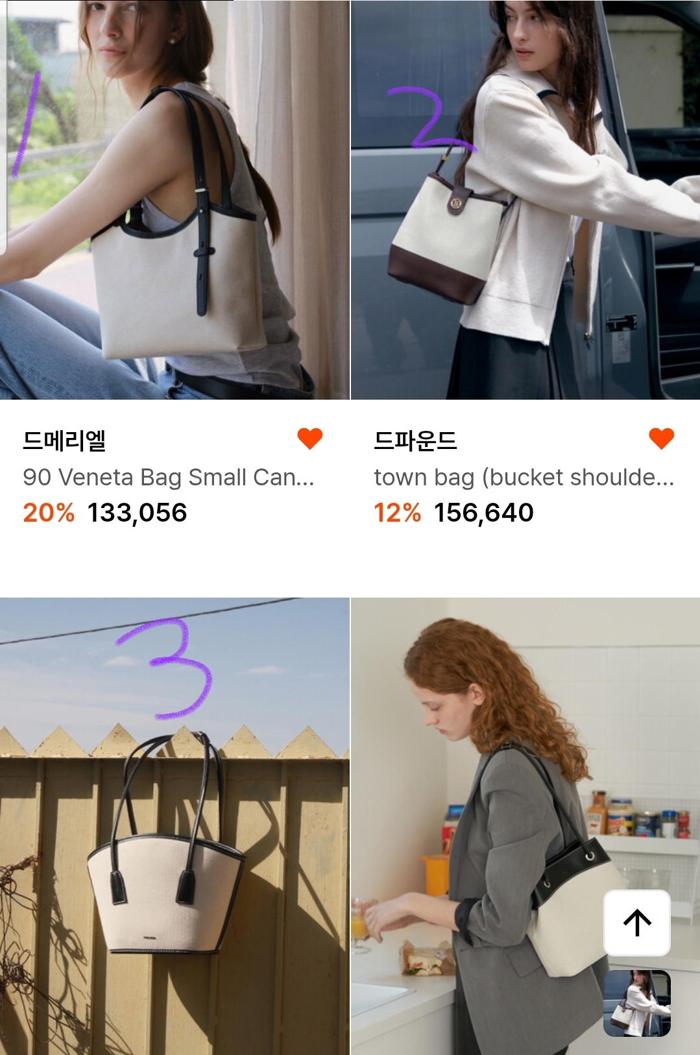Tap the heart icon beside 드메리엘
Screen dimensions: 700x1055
[x=309, y=439]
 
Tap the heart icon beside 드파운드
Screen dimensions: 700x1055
[x=661, y=439]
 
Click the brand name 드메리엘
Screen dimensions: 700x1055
[x=64, y=441]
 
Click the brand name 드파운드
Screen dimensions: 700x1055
[x=415, y=441]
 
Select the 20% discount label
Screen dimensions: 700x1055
[x=49, y=513]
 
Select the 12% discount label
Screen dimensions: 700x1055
[x=397, y=513]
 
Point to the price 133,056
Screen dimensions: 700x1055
[x=137, y=513]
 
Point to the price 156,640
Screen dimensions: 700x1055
[x=484, y=513]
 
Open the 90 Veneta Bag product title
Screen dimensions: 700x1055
[x=168, y=478]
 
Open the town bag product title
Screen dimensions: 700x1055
[x=524, y=478]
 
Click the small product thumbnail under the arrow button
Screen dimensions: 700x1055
[x=637, y=1003]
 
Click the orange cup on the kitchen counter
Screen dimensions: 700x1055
[x=434, y=875]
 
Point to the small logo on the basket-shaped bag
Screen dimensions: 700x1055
[x=151, y=938]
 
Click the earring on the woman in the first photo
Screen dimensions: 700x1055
[x=172, y=42]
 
